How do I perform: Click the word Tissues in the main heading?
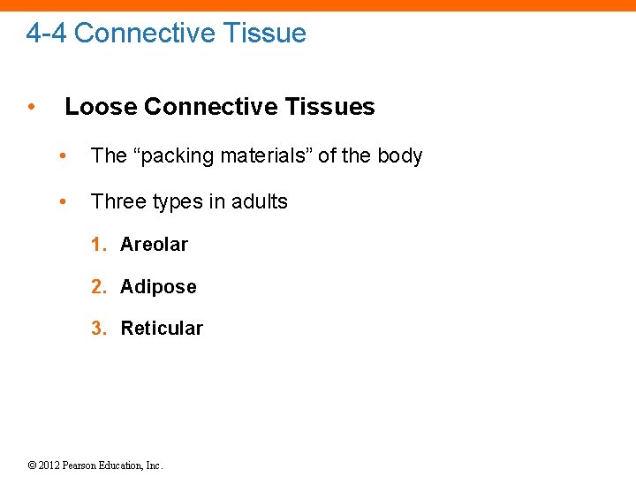pos(335,107)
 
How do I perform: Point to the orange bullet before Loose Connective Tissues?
pos(31,107)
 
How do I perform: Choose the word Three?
pos(117,201)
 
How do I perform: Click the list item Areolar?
pos(154,244)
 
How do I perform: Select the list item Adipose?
pos(158,286)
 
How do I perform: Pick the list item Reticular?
pos(162,329)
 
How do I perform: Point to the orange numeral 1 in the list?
pos(97,244)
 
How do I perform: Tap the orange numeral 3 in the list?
pos(97,329)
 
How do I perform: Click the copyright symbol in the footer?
pos(32,465)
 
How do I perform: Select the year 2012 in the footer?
pos(49,465)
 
